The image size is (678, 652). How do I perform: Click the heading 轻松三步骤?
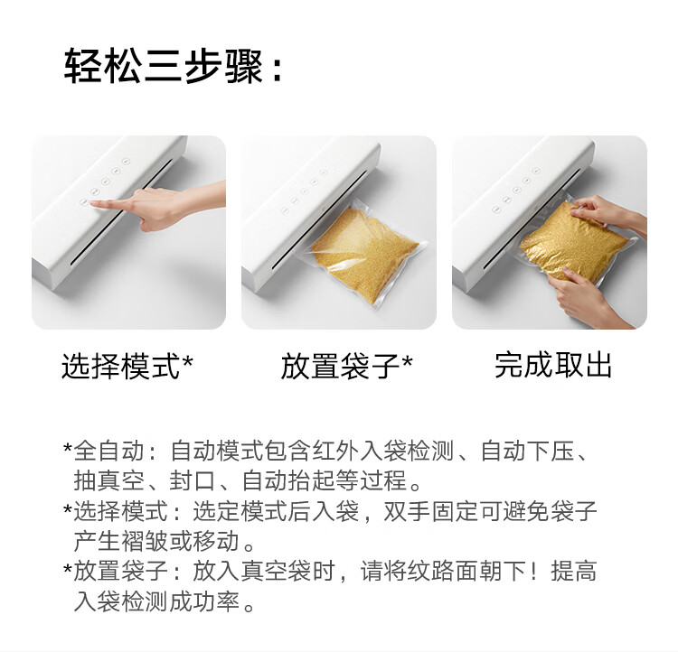[163, 69]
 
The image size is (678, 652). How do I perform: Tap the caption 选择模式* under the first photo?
[127, 367]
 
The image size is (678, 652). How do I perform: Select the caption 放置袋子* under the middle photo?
[346, 367]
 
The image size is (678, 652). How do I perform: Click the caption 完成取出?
[553, 365]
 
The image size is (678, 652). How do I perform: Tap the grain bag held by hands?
[570, 240]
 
